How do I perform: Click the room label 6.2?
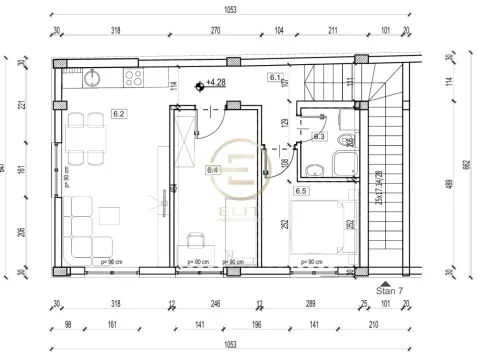[118, 114]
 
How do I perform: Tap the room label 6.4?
[212, 170]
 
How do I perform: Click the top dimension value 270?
[214, 31]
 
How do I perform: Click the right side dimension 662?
[467, 165]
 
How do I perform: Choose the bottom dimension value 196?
[256, 325]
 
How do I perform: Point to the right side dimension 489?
[445, 183]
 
